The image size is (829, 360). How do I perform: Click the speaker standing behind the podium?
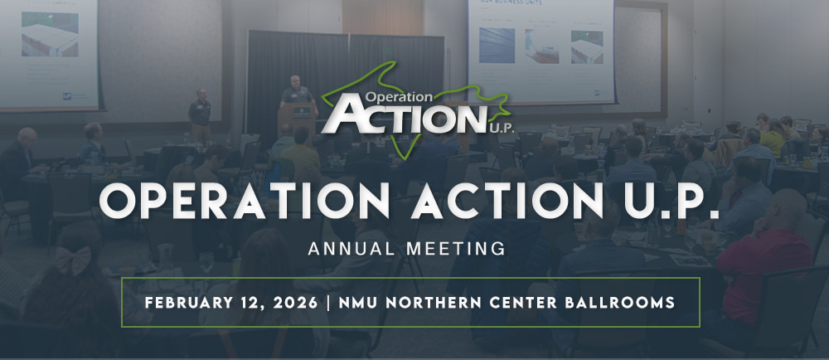(297, 90)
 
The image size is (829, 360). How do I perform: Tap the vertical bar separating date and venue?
(327, 302)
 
